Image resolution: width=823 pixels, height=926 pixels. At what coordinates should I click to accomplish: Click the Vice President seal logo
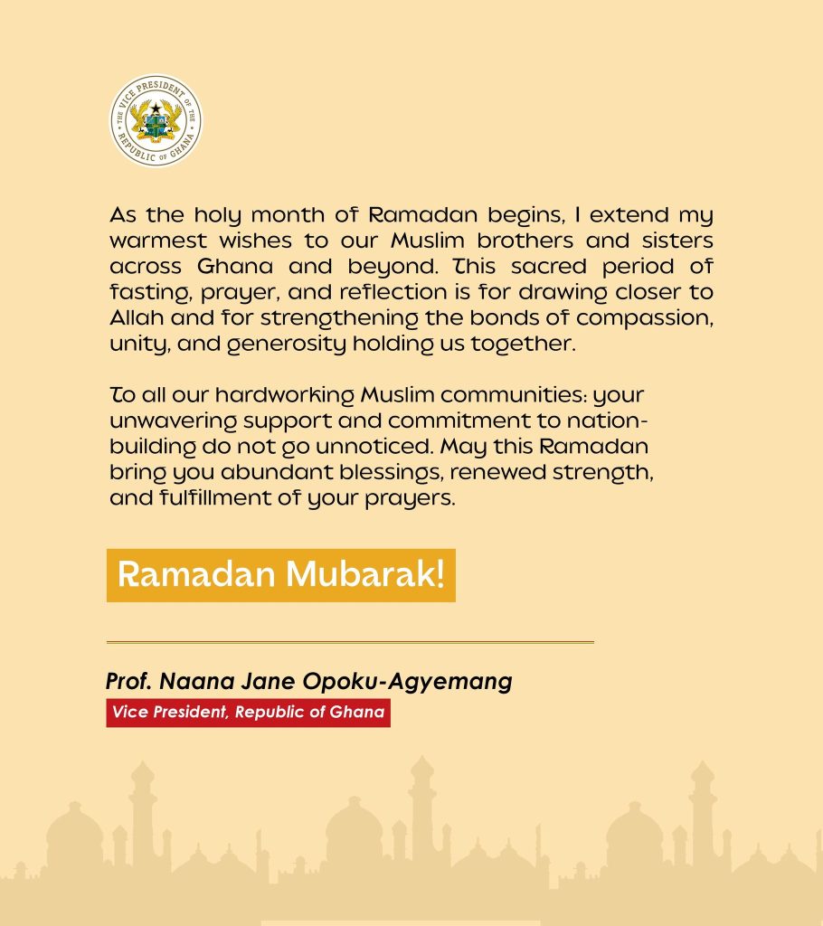(x=156, y=120)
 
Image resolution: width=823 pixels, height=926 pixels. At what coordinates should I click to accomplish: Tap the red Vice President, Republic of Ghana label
(x=248, y=713)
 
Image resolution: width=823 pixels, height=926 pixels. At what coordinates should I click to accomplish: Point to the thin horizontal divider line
(x=350, y=642)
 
